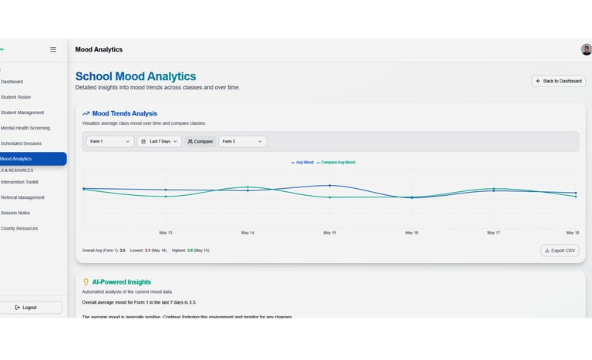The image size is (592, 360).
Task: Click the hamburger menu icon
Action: coord(53,49)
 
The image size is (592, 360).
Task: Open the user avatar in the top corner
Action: coord(586,49)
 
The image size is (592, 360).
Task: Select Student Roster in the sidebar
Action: coord(15,97)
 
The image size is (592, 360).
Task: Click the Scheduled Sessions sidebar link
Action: coord(21,143)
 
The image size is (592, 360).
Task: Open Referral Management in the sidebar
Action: coord(23,197)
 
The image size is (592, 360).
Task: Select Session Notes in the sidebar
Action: coord(15,213)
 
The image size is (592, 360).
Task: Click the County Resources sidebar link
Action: coord(19,228)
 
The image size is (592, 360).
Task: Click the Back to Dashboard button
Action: coord(559,81)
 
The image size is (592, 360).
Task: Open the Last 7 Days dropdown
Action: coord(160,141)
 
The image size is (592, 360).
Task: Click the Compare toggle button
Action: coord(200,141)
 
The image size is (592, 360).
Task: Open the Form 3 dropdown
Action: coord(242,141)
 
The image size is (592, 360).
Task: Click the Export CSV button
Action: coord(560,251)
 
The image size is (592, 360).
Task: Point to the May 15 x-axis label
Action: coord(329,232)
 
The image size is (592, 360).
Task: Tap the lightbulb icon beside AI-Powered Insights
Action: coord(86,282)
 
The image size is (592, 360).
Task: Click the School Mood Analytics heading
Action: coord(136,76)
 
